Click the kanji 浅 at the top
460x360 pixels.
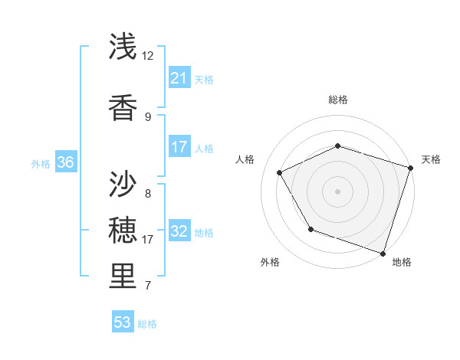pos(123,47)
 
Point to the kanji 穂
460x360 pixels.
pos(123,230)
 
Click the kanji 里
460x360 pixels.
pos(123,277)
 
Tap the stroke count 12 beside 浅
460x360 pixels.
pos(148,56)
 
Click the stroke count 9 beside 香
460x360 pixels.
pos(148,116)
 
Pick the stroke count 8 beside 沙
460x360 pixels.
pos(148,193)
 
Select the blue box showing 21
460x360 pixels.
pos(179,77)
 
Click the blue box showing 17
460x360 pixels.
pos(179,146)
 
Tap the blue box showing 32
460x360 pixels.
pos(179,231)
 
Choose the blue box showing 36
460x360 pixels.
pos(65,162)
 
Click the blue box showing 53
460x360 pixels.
pos(122,322)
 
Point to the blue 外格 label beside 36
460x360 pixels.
pos(41,163)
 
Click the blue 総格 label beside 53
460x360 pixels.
pos(147,324)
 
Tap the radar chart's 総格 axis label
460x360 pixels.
pos(338,100)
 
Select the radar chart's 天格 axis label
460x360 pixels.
pos(431,159)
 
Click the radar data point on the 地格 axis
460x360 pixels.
pos(383,253)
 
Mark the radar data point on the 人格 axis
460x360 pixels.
pos(279,172)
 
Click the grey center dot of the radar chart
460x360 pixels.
pos(337,191)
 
